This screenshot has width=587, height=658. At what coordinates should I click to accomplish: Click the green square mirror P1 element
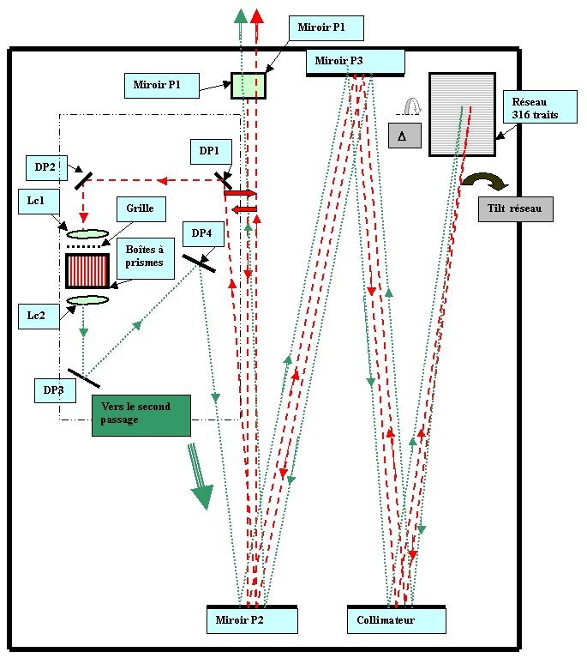(x=249, y=86)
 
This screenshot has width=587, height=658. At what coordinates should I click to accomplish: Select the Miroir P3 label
(x=355, y=61)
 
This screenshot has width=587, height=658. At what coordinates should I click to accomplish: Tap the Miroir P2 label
(x=251, y=620)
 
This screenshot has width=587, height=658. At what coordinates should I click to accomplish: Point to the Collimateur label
(x=396, y=620)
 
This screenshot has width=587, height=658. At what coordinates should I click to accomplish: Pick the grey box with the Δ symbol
(x=404, y=136)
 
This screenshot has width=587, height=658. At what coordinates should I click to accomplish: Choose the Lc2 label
(x=36, y=315)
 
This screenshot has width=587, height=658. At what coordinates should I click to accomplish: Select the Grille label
(x=141, y=208)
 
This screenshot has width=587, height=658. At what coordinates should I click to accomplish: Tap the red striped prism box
(x=87, y=270)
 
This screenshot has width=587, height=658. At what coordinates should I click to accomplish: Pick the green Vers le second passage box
(x=141, y=414)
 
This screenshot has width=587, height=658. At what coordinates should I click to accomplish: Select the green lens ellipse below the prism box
(x=88, y=300)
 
